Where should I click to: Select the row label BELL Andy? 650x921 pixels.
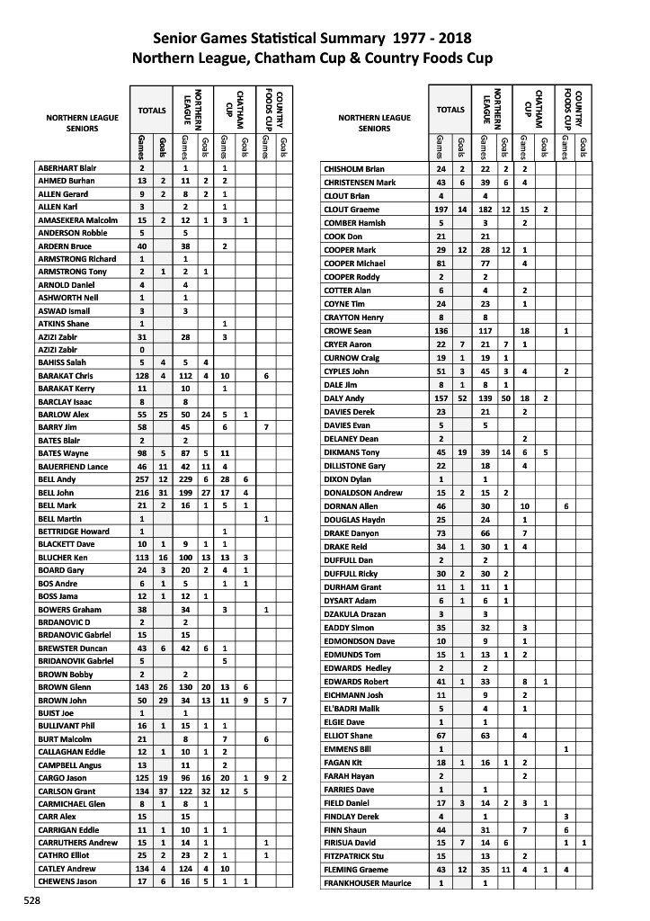point(55,479)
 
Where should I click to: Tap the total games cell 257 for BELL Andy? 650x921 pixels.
point(142,479)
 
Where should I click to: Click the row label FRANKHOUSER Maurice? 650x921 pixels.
point(365,883)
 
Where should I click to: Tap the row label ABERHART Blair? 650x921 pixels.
point(67,168)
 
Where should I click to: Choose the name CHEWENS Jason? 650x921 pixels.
point(67,881)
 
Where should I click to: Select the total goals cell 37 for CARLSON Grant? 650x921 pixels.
point(163,791)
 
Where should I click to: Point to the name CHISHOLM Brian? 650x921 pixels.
point(354,168)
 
